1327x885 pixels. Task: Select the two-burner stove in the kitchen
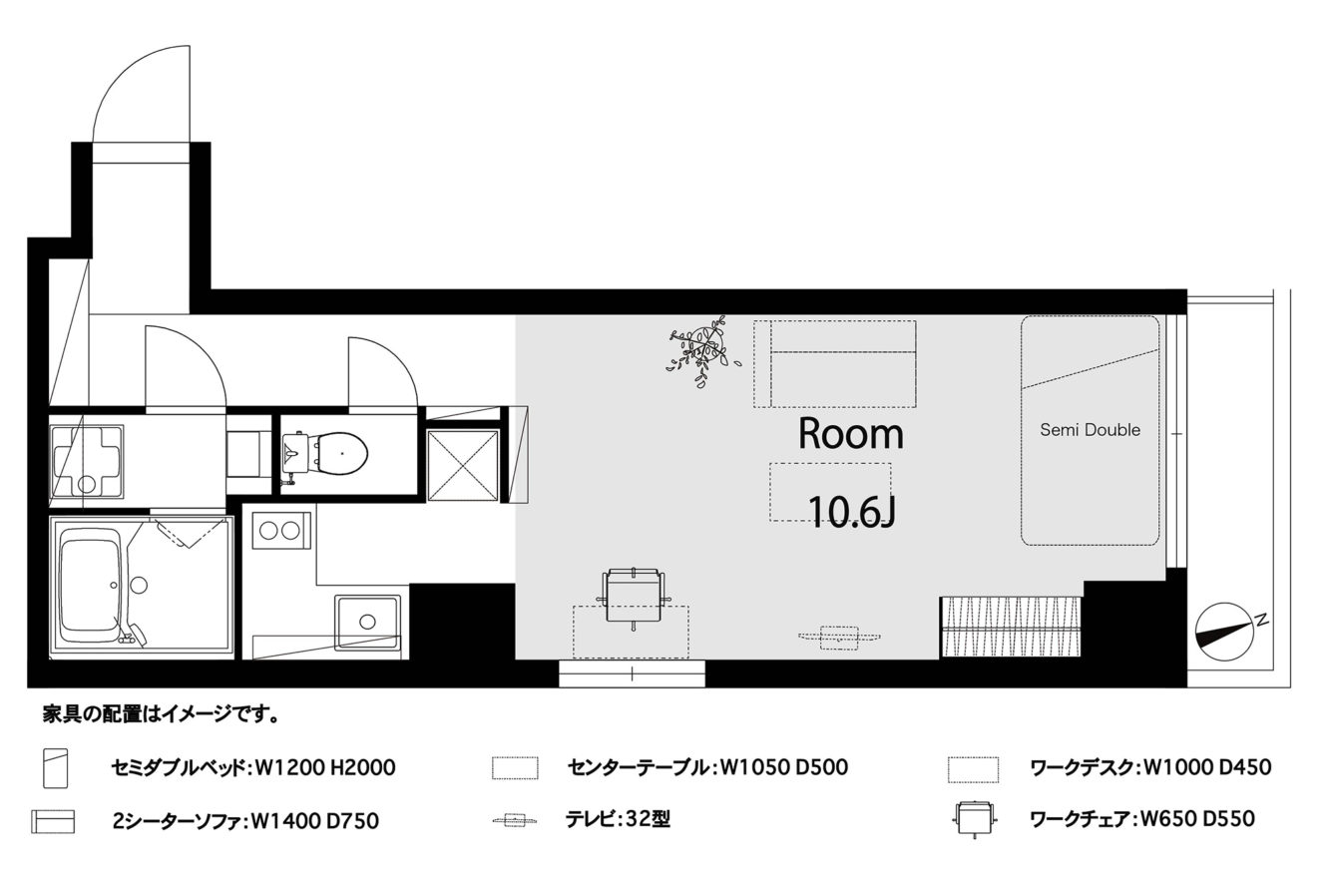(x=280, y=531)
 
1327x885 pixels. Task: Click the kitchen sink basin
(x=367, y=622)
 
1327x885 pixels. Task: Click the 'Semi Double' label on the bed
(x=1090, y=429)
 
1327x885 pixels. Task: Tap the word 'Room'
(x=851, y=434)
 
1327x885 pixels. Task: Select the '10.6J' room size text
(x=850, y=512)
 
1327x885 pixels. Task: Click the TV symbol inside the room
(x=839, y=638)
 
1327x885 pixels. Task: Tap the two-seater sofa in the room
(x=835, y=364)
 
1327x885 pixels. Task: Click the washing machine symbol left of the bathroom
(x=87, y=460)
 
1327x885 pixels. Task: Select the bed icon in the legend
(x=56, y=767)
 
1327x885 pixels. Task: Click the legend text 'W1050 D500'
(x=783, y=767)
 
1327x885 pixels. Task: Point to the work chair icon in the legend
(x=975, y=819)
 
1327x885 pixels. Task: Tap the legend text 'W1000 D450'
(x=1206, y=767)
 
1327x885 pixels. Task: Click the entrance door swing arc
(x=122, y=73)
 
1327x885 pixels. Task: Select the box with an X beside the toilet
(x=463, y=466)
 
